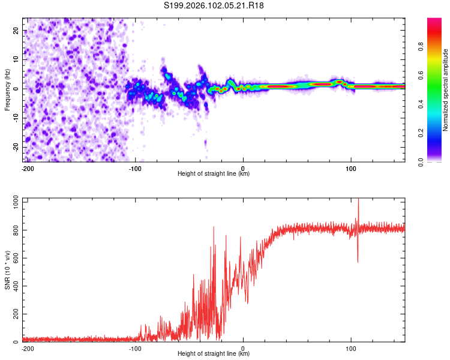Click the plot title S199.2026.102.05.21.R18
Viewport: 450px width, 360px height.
click(x=214, y=5)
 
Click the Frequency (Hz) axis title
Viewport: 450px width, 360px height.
click(x=7, y=89)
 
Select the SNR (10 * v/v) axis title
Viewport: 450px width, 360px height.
click(x=7, y=271)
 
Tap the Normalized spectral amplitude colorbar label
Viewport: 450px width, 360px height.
click(x=445, y=89)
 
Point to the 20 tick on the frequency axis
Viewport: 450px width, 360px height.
click(x=17, y=30)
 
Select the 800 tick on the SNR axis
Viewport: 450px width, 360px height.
click(x=13, y=230)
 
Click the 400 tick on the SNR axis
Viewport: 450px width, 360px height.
click(x=13, y=286)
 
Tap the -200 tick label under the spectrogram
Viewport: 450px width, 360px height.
click(x=27, y=167)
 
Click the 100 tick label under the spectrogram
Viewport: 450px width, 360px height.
click(x=351, y=167)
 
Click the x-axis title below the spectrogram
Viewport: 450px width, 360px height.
click(x=214, y=174)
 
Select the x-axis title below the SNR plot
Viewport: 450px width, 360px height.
click(x=214, y=354)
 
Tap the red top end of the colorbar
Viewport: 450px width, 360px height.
click(x=434, y=21)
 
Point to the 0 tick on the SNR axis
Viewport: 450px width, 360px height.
click(x=17, y=342)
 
